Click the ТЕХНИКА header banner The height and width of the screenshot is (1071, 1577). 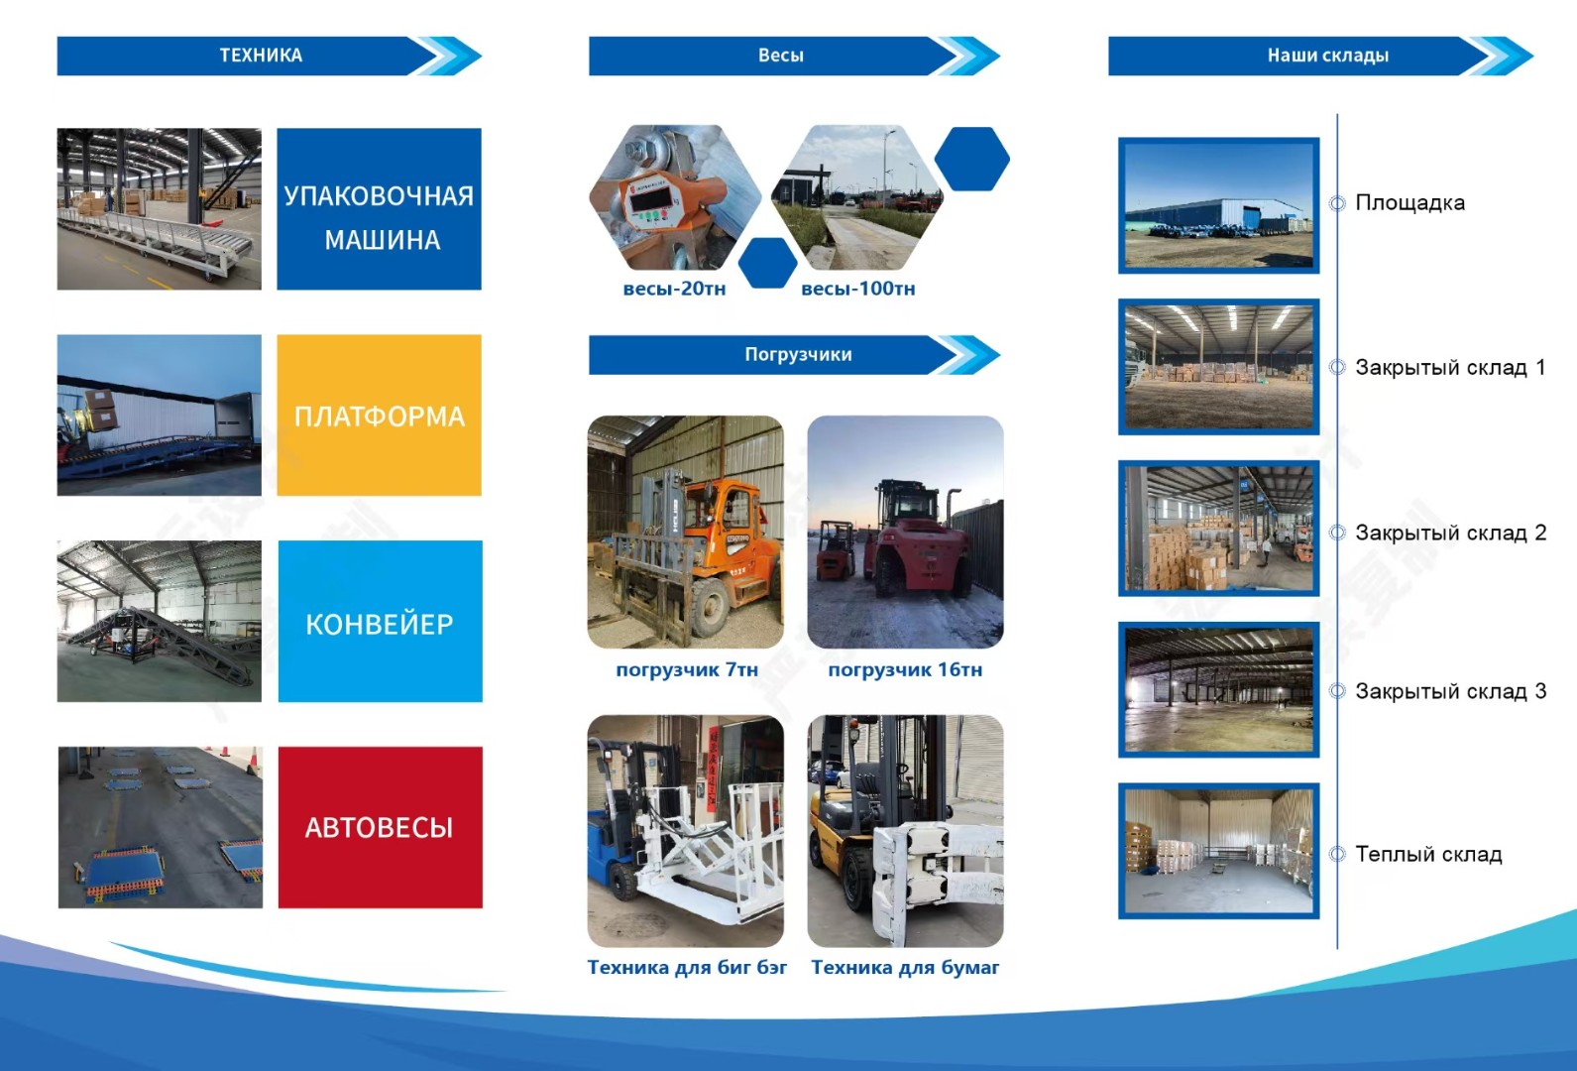pos(269,56)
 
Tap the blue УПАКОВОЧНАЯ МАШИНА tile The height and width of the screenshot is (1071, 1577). pos(379,209)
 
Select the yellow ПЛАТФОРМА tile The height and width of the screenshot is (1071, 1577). pos(379,415)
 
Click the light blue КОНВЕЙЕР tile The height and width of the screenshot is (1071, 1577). pos(381,621)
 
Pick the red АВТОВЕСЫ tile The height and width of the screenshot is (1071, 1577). pos(381,827)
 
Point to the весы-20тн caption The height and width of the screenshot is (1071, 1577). pos(674,289)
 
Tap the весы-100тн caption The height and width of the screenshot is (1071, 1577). pos(858,289)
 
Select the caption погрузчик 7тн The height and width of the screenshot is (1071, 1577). pos(687,669)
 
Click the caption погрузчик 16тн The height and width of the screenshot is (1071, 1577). pos(905,669)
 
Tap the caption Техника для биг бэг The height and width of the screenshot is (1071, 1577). pos(687,968)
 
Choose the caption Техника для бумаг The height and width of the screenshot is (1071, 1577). pos(905,968)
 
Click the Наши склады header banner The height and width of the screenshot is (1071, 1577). pos(1320,56)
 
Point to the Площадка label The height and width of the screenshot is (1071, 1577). pos(1410,202)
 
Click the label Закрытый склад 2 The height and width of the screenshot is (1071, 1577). pos(1451,533)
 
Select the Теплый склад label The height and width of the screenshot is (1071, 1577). pos(1429,854)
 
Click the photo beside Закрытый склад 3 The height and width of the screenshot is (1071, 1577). pos(1218,689)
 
